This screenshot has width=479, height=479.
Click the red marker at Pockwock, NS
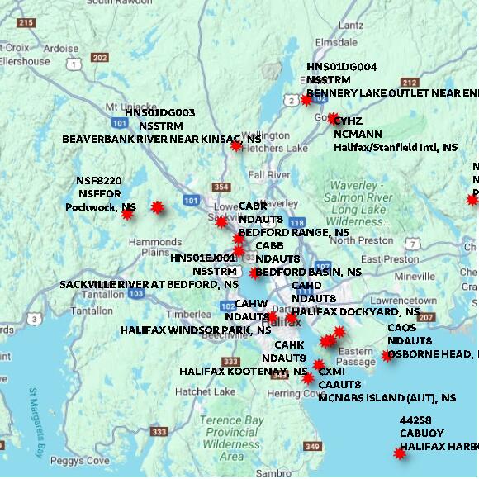pos(127,215)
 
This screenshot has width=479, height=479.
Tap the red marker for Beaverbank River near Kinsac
pos(236,146)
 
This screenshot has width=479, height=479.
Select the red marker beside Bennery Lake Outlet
pos(306,100)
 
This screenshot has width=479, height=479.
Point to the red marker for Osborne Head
pos(387,356)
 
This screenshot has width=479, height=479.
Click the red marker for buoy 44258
pos(400,453)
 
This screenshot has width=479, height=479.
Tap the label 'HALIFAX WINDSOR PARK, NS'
pos(195,330)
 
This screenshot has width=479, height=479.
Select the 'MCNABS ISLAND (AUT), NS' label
pos(387,397)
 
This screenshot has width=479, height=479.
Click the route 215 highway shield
pos(25,24)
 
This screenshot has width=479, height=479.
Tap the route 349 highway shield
pos(311,447)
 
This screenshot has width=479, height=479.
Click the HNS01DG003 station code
pos(160,112)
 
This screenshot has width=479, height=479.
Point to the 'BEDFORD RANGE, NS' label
pos(294,233)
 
